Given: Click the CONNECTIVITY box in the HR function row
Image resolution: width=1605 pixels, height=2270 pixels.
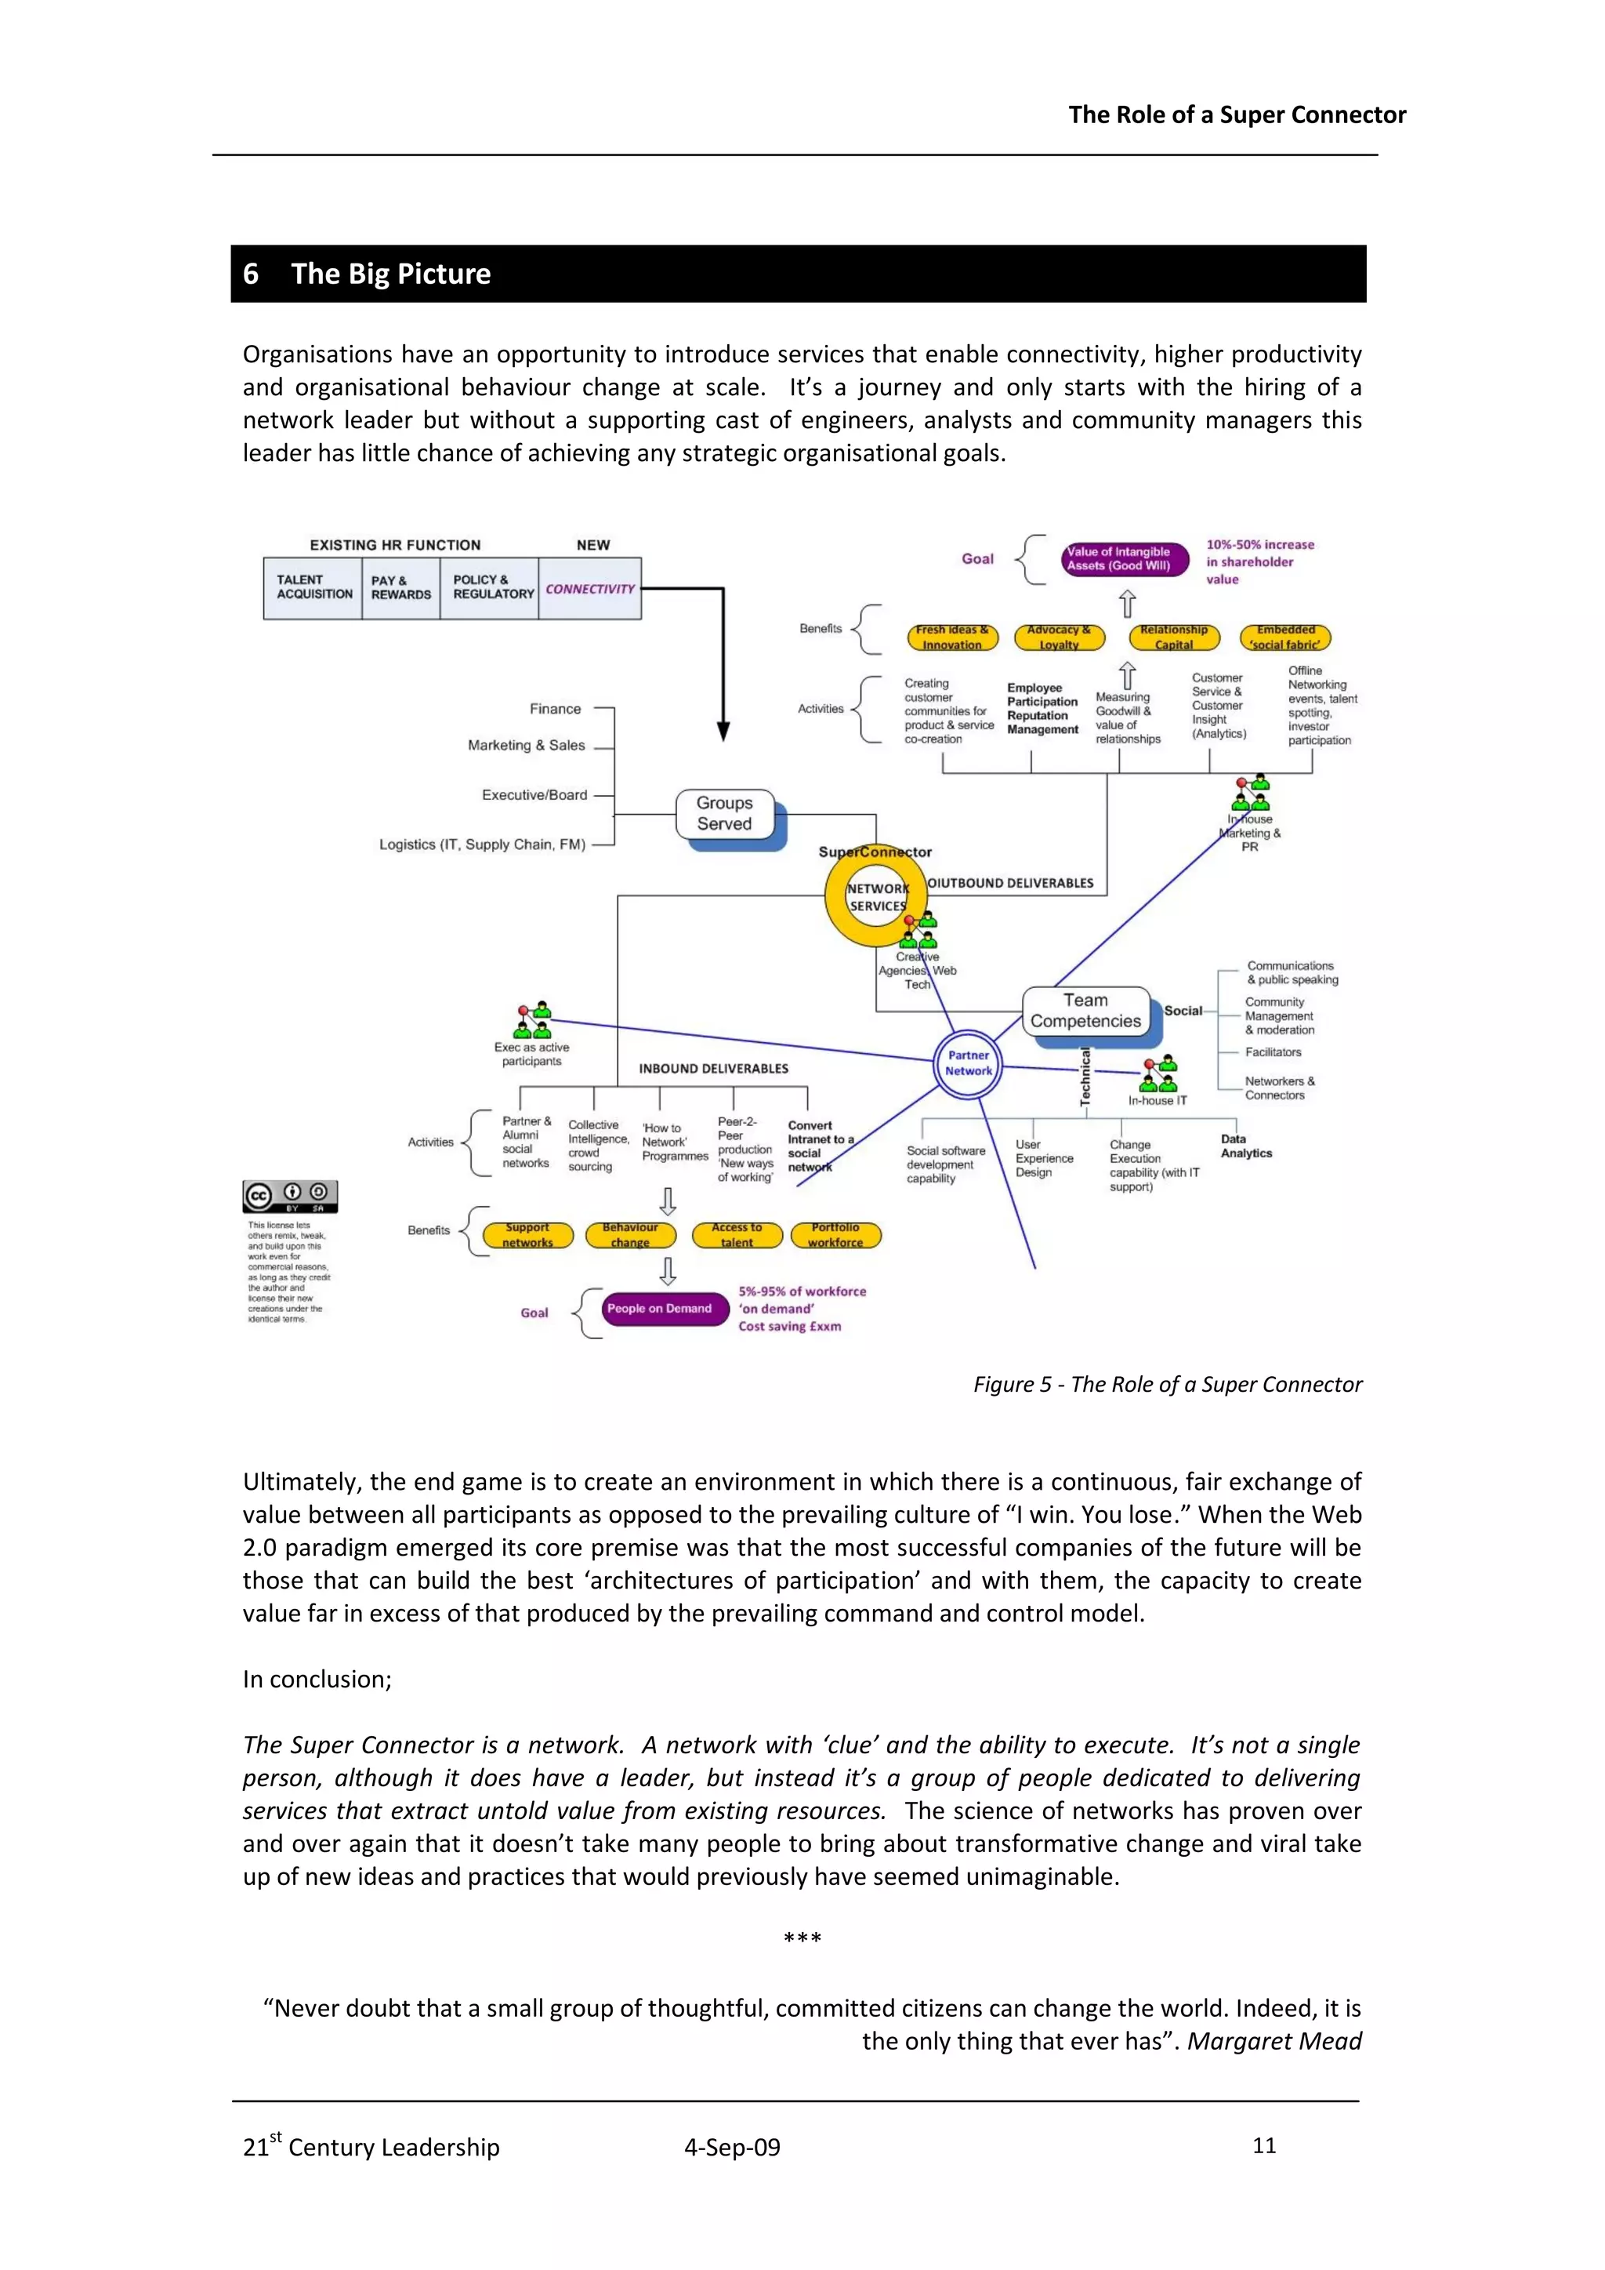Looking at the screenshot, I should click(x=590, y=588).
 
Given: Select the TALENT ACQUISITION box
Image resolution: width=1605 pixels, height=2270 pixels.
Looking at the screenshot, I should click(x=313, y=587).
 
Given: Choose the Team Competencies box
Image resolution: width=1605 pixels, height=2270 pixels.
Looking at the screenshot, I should click(x=1085, y=1011).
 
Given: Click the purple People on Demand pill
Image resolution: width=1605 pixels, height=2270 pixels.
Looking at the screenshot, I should click(x=659, y=1308).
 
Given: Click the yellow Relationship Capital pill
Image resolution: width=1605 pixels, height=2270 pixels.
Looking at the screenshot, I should click(x=1173, y=637).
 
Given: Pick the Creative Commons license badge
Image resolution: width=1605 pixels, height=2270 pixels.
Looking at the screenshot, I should click(x=291, y=1197).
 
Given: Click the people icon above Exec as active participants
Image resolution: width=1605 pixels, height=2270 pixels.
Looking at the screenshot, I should click(x=533, y=1020).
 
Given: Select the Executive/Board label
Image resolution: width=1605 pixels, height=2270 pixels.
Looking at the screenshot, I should click(x=534, y=795).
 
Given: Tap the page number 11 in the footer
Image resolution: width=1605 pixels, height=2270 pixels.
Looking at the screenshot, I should click(x=1263, y=2145).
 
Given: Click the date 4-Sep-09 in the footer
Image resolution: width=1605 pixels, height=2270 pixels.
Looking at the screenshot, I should click(x=731, y=2148).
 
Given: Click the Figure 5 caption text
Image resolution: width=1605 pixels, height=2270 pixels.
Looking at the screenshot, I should click(x=1167, y=1384).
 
